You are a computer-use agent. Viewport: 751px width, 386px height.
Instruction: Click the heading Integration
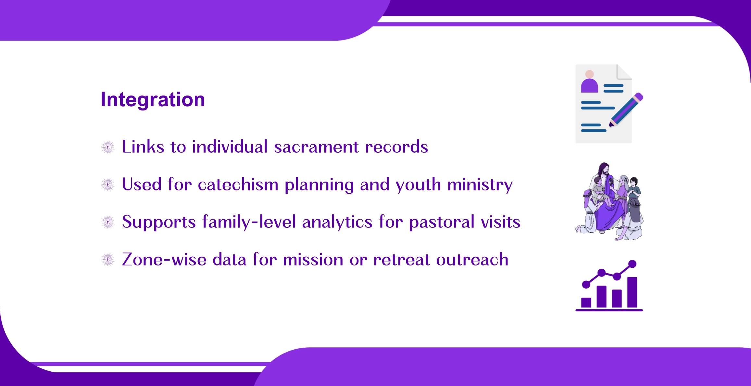(153, 99)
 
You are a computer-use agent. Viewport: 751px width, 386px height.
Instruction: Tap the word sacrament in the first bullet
(316, 147)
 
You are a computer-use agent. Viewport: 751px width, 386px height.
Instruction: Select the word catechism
(238, 185)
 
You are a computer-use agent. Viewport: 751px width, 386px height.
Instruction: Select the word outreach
(472, 260)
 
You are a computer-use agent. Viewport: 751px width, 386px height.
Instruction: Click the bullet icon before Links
(108, 147)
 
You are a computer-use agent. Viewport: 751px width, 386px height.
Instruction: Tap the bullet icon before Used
(108, 185)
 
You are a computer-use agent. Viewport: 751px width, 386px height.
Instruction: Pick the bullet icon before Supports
(108, 222)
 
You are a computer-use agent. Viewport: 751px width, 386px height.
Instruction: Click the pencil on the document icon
(626, 110)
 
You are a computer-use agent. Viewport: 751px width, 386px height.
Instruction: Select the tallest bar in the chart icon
(632, 292)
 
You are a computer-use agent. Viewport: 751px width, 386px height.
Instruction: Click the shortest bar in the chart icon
(586, 302)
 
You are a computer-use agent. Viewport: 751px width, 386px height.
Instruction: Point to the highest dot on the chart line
(632, 264)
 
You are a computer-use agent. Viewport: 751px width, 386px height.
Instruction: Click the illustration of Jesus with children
(609, 201)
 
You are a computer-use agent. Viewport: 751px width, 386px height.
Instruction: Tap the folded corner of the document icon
(624, 72)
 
